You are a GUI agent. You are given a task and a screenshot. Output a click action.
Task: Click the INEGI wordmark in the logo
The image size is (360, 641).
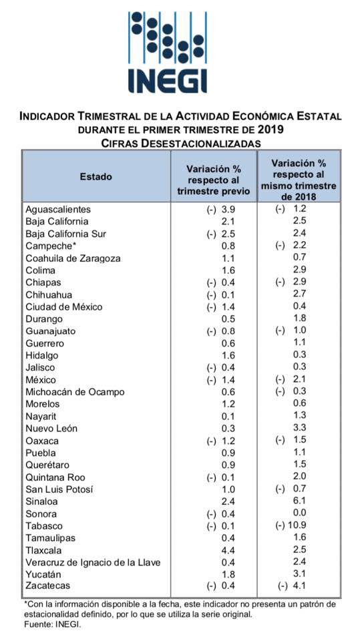[x=168, y=81]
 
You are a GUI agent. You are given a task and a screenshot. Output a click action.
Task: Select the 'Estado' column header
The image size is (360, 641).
[x=96, y=176]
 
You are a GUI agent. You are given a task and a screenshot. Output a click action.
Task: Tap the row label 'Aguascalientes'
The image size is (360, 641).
[x=58, y=209]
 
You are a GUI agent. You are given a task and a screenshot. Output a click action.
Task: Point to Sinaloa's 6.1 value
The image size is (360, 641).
[x=299, y=501]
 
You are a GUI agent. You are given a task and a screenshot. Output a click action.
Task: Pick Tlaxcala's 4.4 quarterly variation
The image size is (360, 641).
[x=228, y=550]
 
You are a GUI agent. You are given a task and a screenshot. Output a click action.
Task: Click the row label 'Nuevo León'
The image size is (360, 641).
[x=51, y=429]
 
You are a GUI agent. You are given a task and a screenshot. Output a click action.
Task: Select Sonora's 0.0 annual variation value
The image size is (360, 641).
[x=299, y=513]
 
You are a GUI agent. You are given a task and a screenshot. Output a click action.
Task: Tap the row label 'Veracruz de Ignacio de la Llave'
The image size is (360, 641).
[x=93, y=562]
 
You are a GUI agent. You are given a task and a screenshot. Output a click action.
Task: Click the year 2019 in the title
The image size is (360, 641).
[x=271, y=130]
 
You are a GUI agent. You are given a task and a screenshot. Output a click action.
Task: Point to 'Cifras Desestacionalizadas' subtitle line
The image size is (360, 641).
[x=180, y=143]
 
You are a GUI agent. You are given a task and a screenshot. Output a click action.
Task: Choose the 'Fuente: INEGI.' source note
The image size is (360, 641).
[x=52, y=624]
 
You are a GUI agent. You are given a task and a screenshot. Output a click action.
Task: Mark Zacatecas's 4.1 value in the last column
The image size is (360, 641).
[x=299, y=586]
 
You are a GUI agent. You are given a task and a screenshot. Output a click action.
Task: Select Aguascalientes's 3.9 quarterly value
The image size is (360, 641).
[x=228, y=209]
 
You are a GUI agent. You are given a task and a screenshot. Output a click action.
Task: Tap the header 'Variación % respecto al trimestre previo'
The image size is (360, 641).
[x=214, y=180]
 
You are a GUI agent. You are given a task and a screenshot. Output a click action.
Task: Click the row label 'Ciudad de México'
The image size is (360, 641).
[x=64, y=306]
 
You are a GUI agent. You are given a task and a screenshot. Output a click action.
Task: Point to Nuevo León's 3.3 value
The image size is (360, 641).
[x=299, y=428]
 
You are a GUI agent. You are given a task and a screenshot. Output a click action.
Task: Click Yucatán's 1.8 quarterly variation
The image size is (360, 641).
[x=228, y=574]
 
